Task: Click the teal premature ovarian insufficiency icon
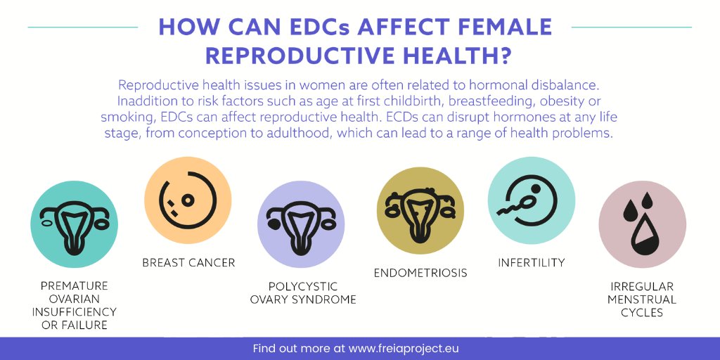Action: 74,224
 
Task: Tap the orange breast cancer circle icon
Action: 188,200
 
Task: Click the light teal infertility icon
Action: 531,200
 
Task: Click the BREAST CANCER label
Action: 188,263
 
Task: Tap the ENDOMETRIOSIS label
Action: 420,273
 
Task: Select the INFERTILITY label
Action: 531,263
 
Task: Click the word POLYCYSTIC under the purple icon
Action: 303,287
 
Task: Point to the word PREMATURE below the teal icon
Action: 74,286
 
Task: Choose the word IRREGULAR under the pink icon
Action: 642,287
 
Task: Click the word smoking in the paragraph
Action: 122,116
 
